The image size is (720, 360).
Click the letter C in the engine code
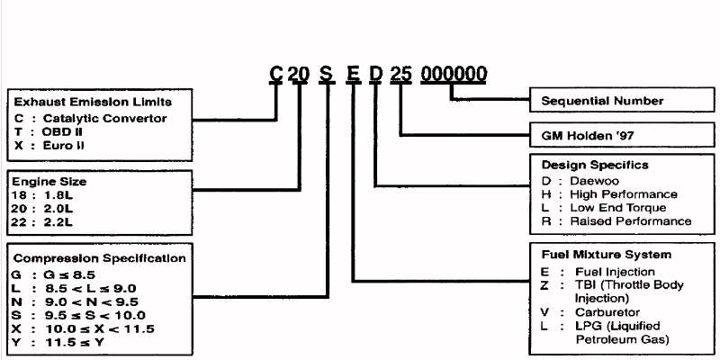pos(276,74)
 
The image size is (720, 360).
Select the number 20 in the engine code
pos(298,74)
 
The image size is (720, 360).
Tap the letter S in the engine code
pos(325,74)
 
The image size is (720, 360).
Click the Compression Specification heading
pos(100,258)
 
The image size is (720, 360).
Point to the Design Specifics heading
pos(595,166)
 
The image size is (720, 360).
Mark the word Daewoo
pos(594,180)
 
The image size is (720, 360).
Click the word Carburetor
pos(608,312)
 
